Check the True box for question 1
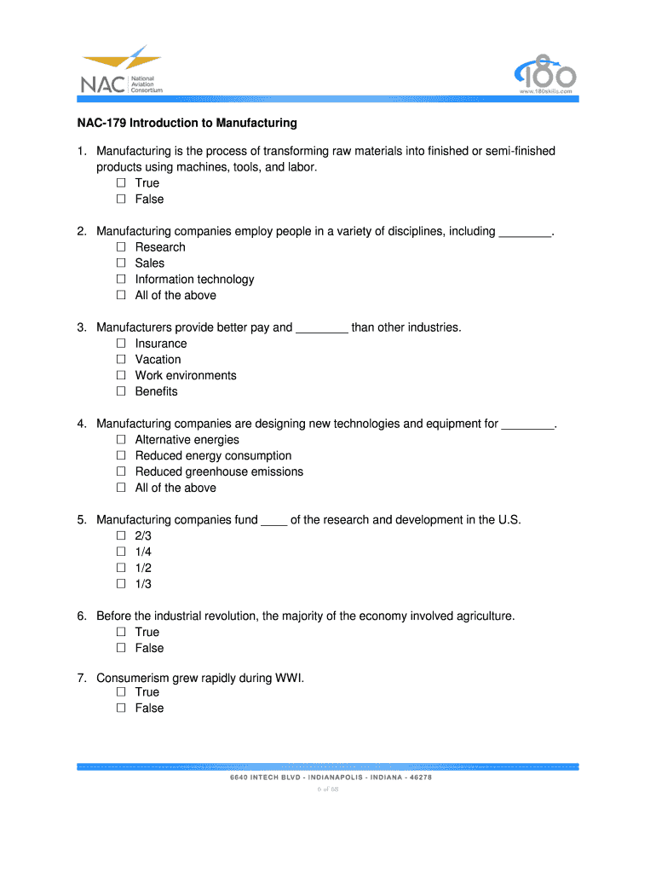120,182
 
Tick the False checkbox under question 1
120,199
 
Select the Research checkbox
120,247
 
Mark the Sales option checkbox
120,263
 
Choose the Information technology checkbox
120,279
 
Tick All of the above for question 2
120,295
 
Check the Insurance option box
120,344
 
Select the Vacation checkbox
120,359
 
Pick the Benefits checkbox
120,391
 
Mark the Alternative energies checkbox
120,440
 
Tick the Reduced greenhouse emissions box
120,471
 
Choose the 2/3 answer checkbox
120,536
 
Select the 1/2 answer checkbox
120,568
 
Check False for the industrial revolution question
120,648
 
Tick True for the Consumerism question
120,691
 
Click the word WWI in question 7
287,679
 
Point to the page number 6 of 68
328,789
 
